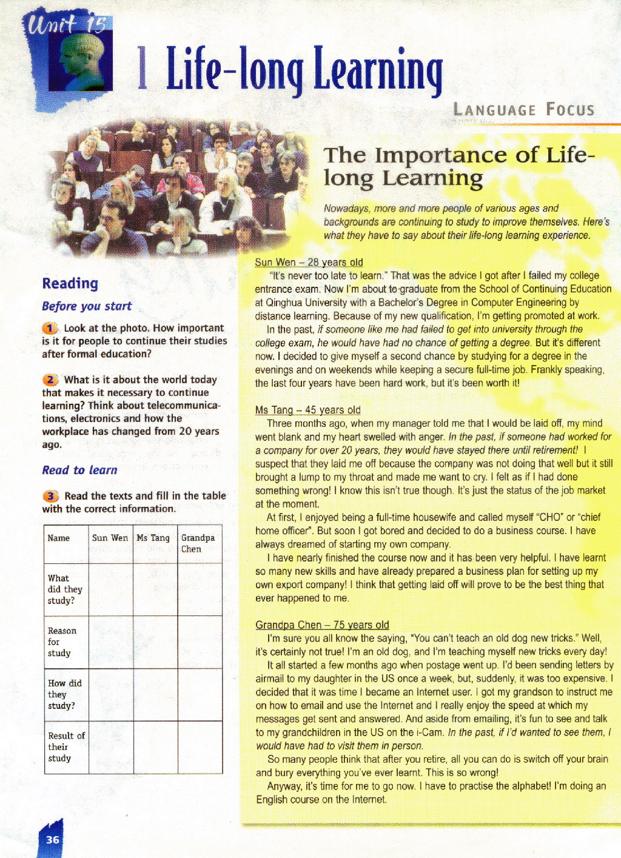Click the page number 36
(x=53, y=839)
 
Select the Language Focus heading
(x=524, y=110)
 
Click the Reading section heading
(x=70, y=283)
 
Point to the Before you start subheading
(x=87, y=306)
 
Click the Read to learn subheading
(x=79, y=470)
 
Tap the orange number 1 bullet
(x=50, y=329)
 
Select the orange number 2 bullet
(x=50, y=380)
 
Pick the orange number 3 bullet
(x=50, y=496)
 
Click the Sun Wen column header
(x=110, y=538)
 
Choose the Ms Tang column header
(x=153, y=538)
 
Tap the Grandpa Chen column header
(x=198, y=543)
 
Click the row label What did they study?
(x=65, y=589)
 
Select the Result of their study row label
(x=66, y=746)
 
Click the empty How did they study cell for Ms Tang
(x=155, y=694)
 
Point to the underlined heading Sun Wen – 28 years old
(x=309, y=262)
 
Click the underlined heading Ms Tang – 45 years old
(x=307, y=410)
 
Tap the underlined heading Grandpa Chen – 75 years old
(x=322, y=625)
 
